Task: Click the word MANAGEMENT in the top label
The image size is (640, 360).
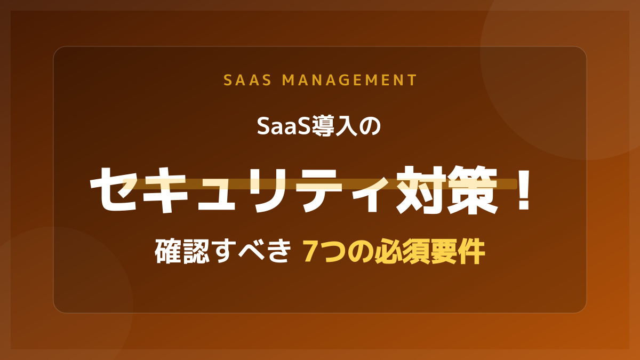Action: coord(349,80)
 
